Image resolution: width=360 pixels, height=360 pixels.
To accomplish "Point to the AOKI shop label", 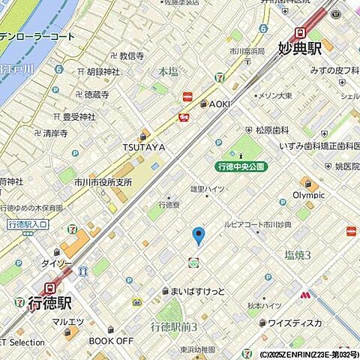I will tap(218, 104).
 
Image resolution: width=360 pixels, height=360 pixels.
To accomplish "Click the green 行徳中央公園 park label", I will tap(240, 166).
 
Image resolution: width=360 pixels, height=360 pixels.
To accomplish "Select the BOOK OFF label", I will tap(111, 340).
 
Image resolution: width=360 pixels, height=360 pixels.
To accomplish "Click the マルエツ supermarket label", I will tap(67, 323).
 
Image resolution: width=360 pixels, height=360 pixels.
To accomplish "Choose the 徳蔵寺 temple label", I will tap(96, 95).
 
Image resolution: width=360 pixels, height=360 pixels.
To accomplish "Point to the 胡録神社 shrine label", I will tap(103, 73).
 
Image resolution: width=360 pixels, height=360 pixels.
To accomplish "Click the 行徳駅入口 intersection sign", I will tap(28, 223).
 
